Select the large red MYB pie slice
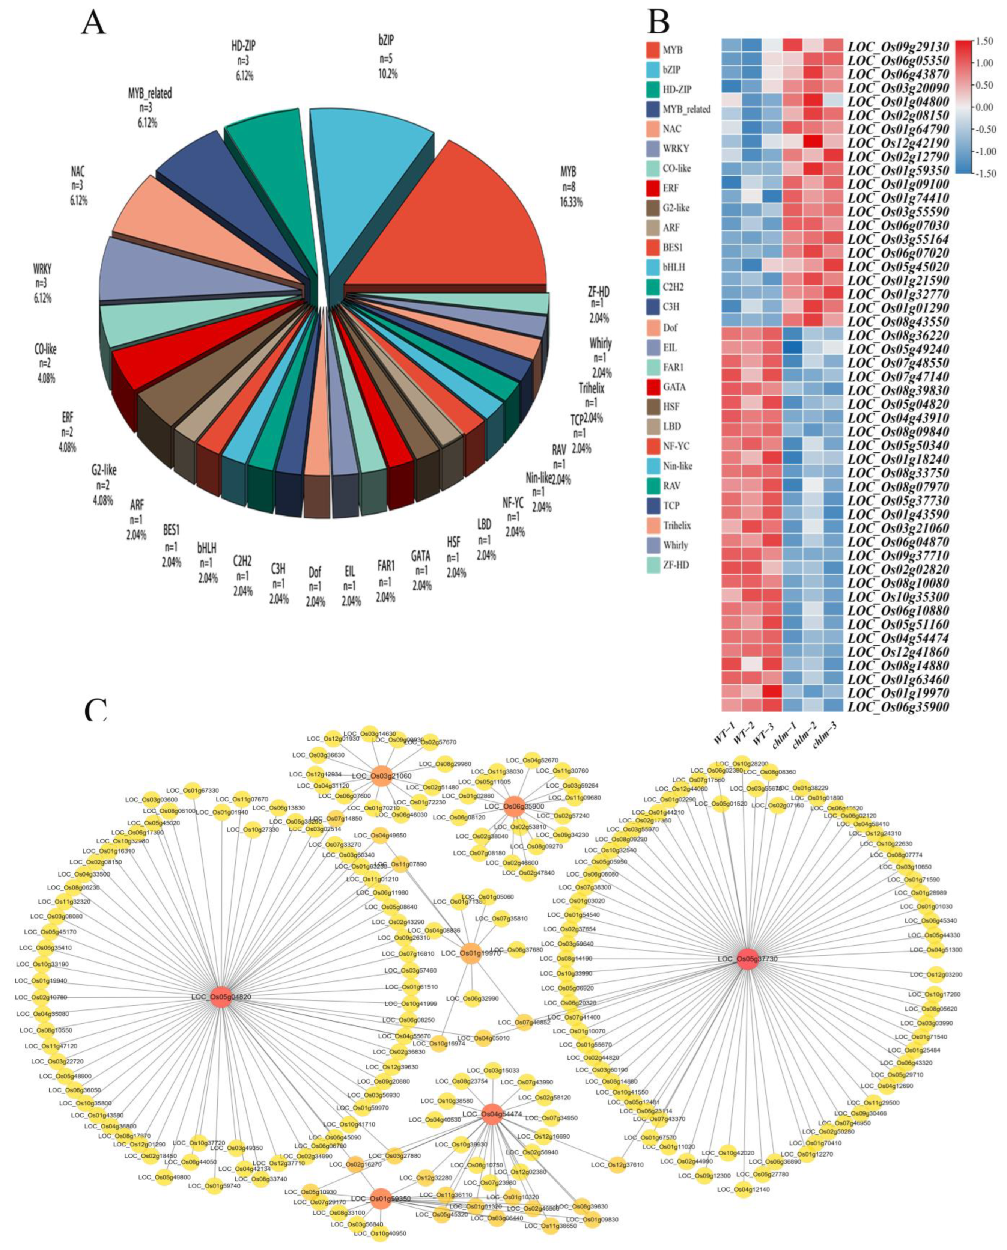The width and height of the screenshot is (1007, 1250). pyautogui.click(x=458, y=226)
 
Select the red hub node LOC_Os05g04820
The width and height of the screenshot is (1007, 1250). pyautogui.click(x=221, y=997)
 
